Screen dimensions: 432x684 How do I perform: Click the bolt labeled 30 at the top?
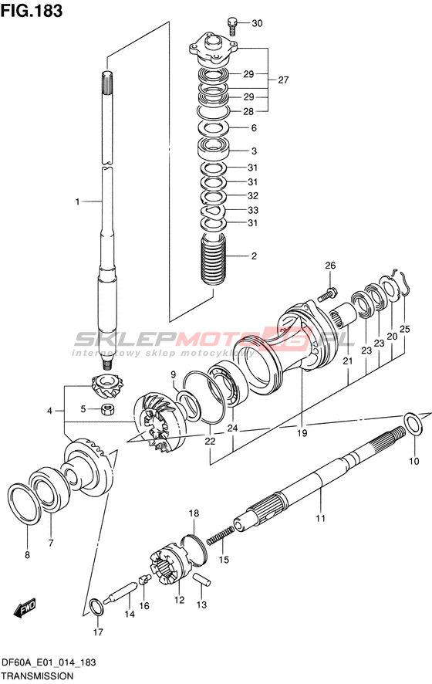click(233, 25)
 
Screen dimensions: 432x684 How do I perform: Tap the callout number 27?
click(283, 80)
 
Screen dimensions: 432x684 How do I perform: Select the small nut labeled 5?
click(107, 409)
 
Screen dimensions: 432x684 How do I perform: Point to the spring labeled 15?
click(220, 535)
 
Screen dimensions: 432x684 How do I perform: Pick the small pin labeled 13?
click(202, 580)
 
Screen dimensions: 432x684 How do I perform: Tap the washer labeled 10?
click(413, 423)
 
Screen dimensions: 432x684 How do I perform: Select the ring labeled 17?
click(96, 607)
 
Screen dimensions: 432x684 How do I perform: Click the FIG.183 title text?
click(32, 11)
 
